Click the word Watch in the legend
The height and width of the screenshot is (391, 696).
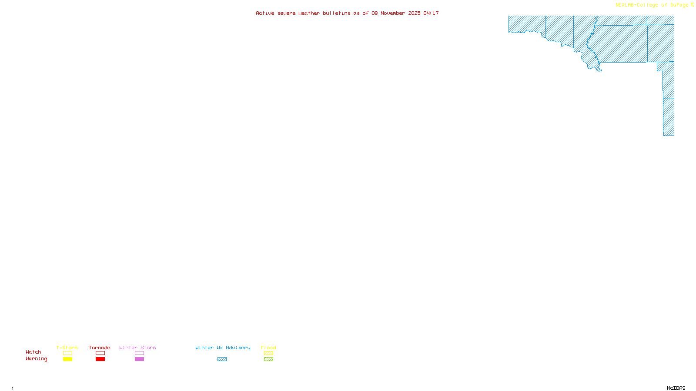click(33, 352)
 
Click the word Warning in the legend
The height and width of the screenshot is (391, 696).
click(36, 359)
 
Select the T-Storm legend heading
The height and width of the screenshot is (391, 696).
click(67, 348)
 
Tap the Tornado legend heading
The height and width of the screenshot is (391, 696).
click(100, 348)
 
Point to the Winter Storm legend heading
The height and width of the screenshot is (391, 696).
click(137, 348)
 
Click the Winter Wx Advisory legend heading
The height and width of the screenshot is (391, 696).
click(223, 348)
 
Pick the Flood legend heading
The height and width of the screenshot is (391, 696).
click(268, 348)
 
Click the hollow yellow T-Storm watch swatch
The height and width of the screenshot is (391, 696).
click(67, 353)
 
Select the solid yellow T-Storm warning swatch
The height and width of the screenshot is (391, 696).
click(67, 359)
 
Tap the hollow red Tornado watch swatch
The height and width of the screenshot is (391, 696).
click(100, 353)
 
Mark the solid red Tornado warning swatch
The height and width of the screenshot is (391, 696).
click(100, 359)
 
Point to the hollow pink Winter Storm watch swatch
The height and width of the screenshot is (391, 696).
click(139, 353)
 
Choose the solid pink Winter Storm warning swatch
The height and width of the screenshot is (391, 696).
click(139, 359)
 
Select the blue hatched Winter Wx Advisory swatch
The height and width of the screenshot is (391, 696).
click(222, 359)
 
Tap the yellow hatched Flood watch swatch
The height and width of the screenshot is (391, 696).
click(268, 353)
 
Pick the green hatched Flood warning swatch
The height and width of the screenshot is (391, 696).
click(268, 359)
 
